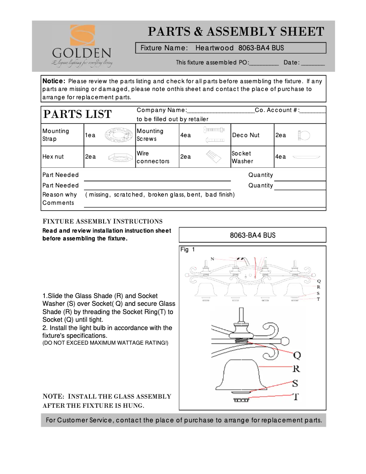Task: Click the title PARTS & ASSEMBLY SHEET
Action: pos(236,32)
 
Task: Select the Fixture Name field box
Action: pos(231,48)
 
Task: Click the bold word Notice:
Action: pos(54,81)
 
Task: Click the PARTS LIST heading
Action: pos(77,114)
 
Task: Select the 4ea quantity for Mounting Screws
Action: pos(186,135)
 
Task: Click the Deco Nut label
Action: pos(246,135)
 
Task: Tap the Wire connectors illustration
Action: pos(213,157)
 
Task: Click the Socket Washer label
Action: pos(241,157)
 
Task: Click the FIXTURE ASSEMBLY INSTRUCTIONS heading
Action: pos(102,221)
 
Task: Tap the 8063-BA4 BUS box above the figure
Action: pos(252,235)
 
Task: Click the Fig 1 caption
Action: pos(188,250)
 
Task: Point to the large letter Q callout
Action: pos(297,355)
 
